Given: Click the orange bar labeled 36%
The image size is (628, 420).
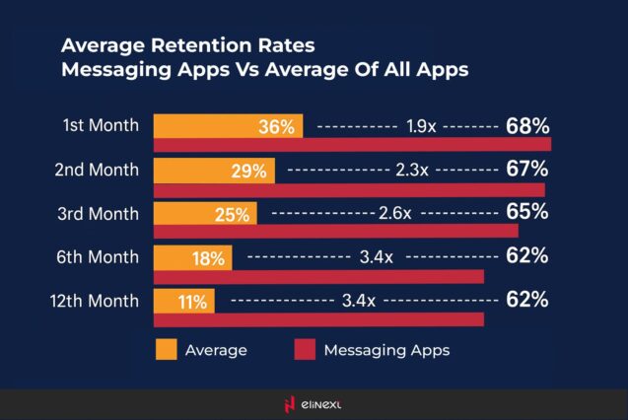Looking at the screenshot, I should (229, 126).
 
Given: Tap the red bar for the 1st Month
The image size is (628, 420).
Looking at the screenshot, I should (352, 145).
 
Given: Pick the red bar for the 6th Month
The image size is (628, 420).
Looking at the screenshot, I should (319, 276).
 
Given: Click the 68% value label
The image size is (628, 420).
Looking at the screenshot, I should (526, 126).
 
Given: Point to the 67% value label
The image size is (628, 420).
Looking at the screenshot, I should (526, 170).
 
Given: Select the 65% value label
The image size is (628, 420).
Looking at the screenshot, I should (526, 213).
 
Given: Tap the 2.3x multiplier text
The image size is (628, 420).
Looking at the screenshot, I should (410, 171).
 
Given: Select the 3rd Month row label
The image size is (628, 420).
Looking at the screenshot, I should (98, 213).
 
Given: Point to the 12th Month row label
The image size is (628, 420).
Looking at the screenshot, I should (95, 300).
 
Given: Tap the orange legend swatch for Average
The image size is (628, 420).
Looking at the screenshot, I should (166, 349).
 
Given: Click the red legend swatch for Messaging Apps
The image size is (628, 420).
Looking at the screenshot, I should (309, 349).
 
